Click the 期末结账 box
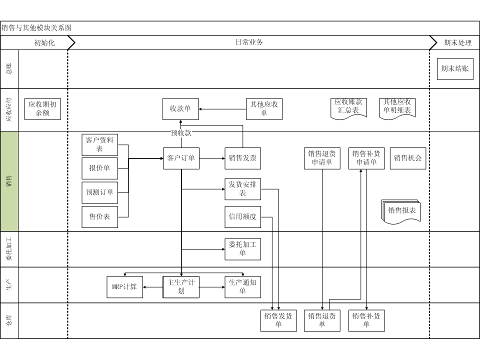[x=454, y=69]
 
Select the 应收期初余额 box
[x=42, y=109]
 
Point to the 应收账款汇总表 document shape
[x=348, y=107]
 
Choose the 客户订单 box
[x=180, y=158]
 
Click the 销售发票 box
[x=242, y=158]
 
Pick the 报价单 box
[x=100, y=168]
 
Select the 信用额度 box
[x=242, y=216]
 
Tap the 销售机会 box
[x=408, y=158]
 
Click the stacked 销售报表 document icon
[x=401, y=210]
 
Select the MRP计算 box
[x=124, y=287]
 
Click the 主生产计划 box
[x=180, y=287]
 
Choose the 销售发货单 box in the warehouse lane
[x=278, y=320]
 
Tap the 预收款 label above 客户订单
[x=181, y=133]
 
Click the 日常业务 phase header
[x=249, y=42]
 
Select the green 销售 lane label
[x=9, y=181]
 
